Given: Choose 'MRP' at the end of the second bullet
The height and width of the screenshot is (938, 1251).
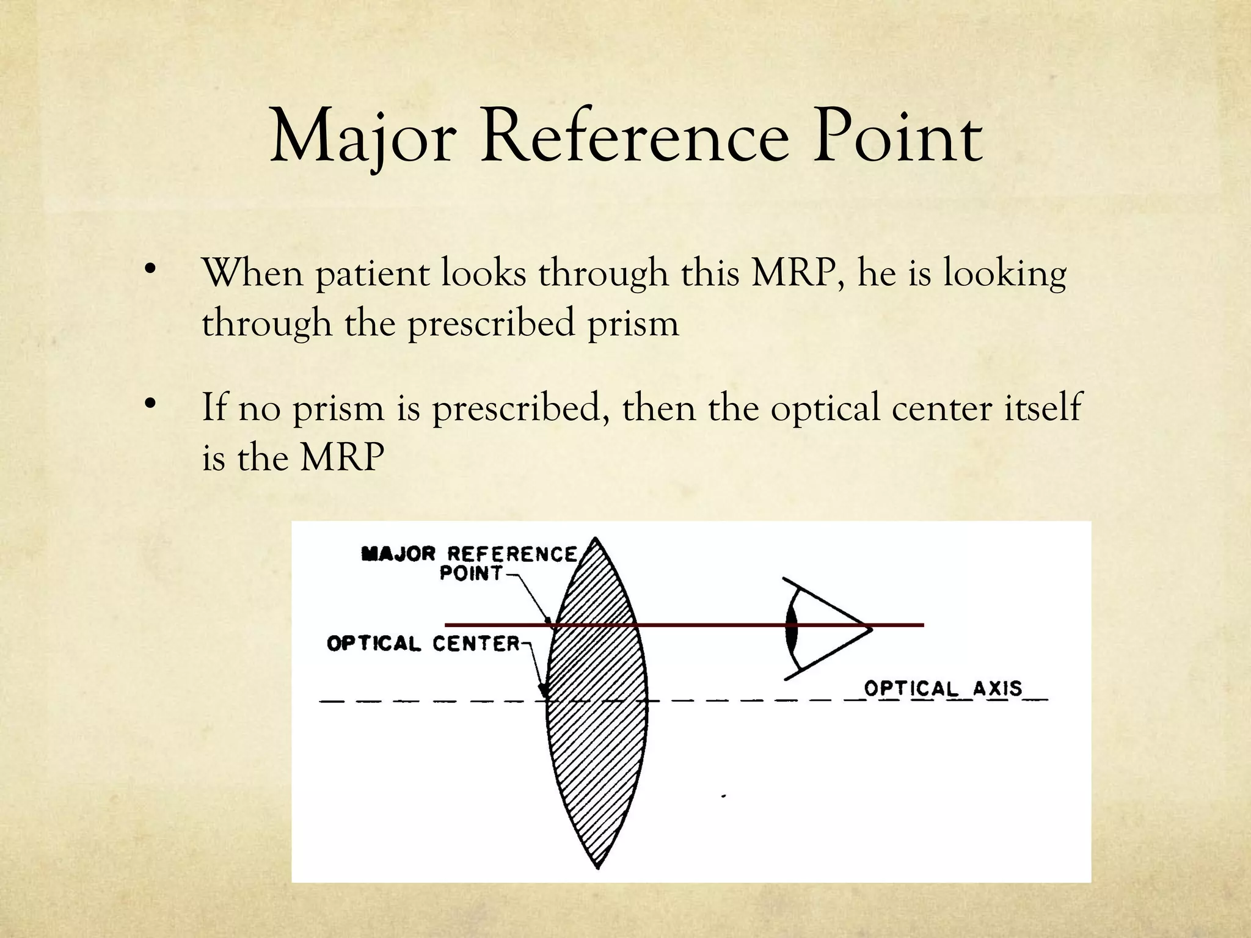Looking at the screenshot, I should [342, 458].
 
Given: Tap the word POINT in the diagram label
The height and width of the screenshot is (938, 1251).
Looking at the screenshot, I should [471, 574].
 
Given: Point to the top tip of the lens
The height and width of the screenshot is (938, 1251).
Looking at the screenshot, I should [596, 540].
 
